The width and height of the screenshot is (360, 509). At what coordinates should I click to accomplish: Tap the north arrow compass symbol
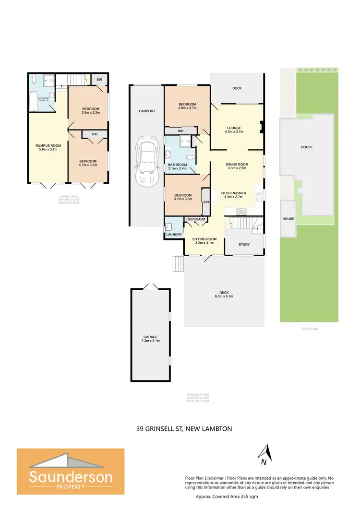[263, 454]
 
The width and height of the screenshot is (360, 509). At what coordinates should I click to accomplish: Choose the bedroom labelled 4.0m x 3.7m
[187, 107]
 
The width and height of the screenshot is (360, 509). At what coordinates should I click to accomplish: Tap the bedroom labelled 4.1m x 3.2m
[88, 164]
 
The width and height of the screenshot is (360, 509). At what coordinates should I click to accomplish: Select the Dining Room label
[236, 166]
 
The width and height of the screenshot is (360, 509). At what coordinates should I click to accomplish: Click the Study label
[244, 245]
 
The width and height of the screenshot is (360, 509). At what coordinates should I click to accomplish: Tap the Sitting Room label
[204, 241]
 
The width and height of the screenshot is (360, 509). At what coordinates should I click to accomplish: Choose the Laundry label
[173, 234]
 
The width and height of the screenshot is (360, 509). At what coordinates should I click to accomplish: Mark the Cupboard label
[196, 219]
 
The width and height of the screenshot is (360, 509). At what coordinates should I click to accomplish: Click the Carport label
[146, 111]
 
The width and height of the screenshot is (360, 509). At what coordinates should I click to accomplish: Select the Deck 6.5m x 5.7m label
[223, 295]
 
